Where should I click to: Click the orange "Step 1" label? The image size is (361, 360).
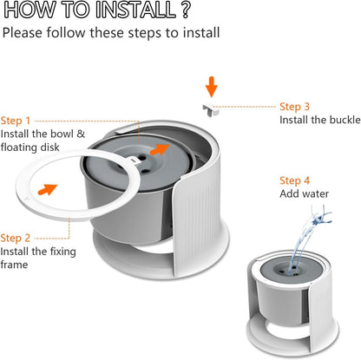click(16, 121)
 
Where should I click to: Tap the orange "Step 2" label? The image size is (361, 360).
click(16, 239)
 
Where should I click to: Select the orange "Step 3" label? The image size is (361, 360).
click(294, 107)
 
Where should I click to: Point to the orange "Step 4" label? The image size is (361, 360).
click(294, 181)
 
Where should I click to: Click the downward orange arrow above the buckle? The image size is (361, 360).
click(212, 87)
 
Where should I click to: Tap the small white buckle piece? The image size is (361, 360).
click(211, 110)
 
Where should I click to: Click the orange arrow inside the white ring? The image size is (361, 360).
click(48, 189)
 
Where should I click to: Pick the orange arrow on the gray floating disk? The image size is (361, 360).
click(160, 149)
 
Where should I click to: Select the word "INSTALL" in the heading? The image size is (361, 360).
click(135, 10)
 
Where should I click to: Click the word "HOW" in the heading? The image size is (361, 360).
click(30, 10)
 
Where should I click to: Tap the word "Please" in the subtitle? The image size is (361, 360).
click(23, 33)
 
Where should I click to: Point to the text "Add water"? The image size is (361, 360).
click(305, 193)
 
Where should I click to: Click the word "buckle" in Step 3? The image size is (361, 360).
click(345, 120)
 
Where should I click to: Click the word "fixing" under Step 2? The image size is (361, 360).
click(62, 252)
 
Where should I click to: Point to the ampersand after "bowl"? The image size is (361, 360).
click(81, 134)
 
